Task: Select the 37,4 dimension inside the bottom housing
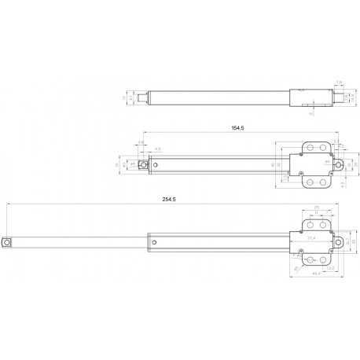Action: [x=311, y=237]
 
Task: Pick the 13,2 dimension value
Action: [x=331, y=269]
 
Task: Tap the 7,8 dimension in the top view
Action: [x=339, y=81]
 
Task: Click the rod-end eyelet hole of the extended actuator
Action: [x=7, y=243]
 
